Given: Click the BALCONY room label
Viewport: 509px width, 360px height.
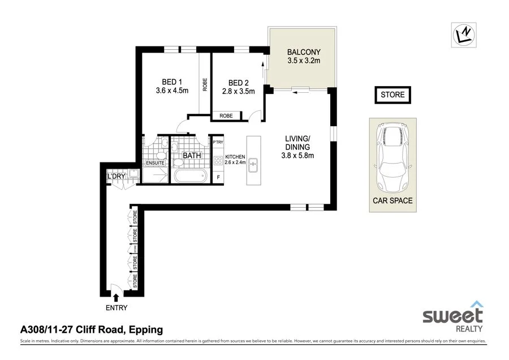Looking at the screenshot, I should [x=304, y=52].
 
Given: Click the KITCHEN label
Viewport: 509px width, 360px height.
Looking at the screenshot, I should [x=235, y=156].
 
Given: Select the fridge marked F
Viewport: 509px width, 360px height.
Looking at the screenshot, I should [x=218, y=178].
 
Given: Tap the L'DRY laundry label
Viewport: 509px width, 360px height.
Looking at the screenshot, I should [x=117, y=177].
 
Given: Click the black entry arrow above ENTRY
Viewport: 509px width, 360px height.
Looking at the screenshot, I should [x=117, y=297].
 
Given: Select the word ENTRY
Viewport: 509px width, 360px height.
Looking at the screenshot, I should [x=116, y=308].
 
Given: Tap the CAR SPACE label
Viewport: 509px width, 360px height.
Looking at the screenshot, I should [x=392, y=200].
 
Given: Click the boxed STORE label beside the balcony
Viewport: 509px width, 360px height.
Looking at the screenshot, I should [x=392, y=95].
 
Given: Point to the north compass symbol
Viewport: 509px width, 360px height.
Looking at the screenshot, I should [x=464, y=35].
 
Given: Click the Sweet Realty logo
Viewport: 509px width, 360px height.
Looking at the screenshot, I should [x=453, y=318].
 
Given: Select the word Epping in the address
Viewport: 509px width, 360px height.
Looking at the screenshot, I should [x=146, y=329].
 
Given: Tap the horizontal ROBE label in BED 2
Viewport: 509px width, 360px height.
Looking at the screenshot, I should [x=226, y=116].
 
